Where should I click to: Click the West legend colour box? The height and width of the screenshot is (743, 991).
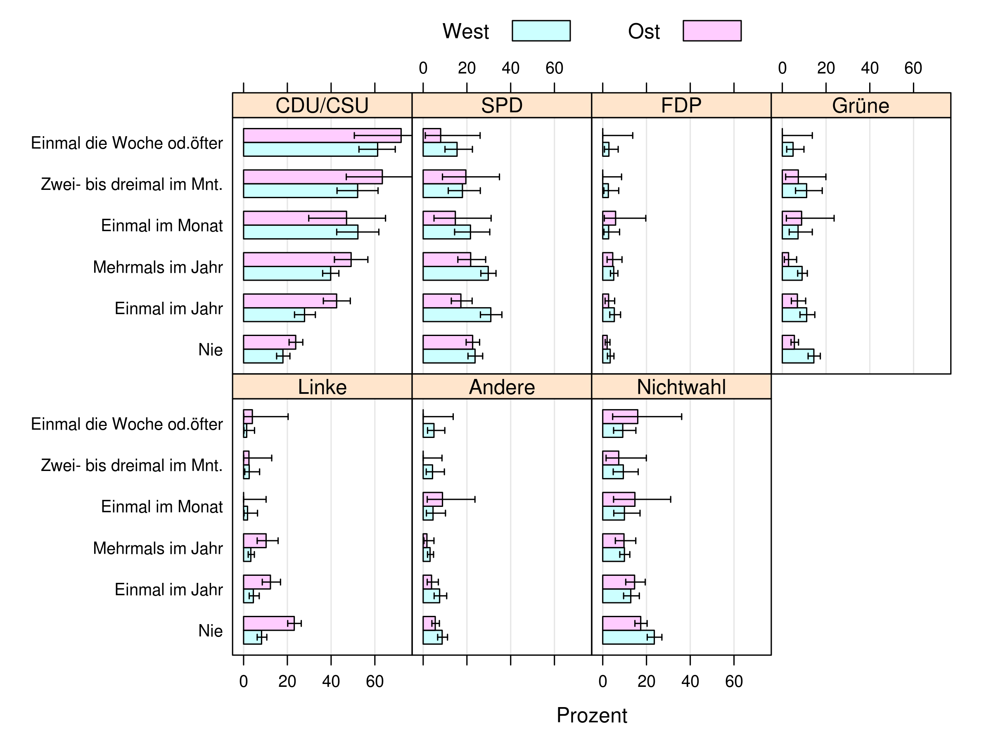pyautogui.click(x=541, y=31)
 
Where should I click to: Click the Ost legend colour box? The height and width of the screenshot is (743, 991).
pyautogui.click(x=711, y=31)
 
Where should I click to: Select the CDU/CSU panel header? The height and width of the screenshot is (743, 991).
pyautogui.click(x=322, y=106)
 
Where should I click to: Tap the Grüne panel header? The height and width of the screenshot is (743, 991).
pyautogui.click(x=860, y=106)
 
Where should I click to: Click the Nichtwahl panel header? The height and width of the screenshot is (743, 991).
pyautogui.click(x=681, y=387)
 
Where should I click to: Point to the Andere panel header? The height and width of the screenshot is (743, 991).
pyautogui.click(x=501, y=387)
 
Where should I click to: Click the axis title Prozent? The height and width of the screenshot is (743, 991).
pyautogui.click(x=591, y=715)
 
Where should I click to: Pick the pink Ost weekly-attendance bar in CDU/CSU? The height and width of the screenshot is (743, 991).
pyautogui.click(x=322, y=136)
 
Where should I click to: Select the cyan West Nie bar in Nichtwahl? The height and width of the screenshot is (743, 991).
pyautogui.click(x=628, y=637)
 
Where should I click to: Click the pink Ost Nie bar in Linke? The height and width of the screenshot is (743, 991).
pyautogui.click(x=268, y=623)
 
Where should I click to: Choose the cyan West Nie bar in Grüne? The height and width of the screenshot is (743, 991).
pyautogui.click(x=797, y=356)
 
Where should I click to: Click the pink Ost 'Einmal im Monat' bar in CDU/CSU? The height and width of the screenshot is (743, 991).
pyautogui.click(x=294, y=218)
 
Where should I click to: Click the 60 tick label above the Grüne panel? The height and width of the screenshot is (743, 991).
pyautogui.click(x=913, y=69)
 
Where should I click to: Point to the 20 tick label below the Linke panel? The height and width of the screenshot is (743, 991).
pyautogui.click(x=287, y=681)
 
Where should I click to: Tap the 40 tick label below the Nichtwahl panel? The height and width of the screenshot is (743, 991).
pyautogui.click(x=690, y=681)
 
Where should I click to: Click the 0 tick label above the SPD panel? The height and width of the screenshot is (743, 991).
pyautogui.click(x=423, y=69)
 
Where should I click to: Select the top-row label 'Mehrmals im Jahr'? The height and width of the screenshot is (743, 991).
pyautogui.click(x=158, y=267)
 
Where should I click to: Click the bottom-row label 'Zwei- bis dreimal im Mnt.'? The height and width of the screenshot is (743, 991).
pyautogui.click(x=132, y=465)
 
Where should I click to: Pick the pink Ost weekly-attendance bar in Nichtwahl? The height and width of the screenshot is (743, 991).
pyautogui.click(x=620, y=416)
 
